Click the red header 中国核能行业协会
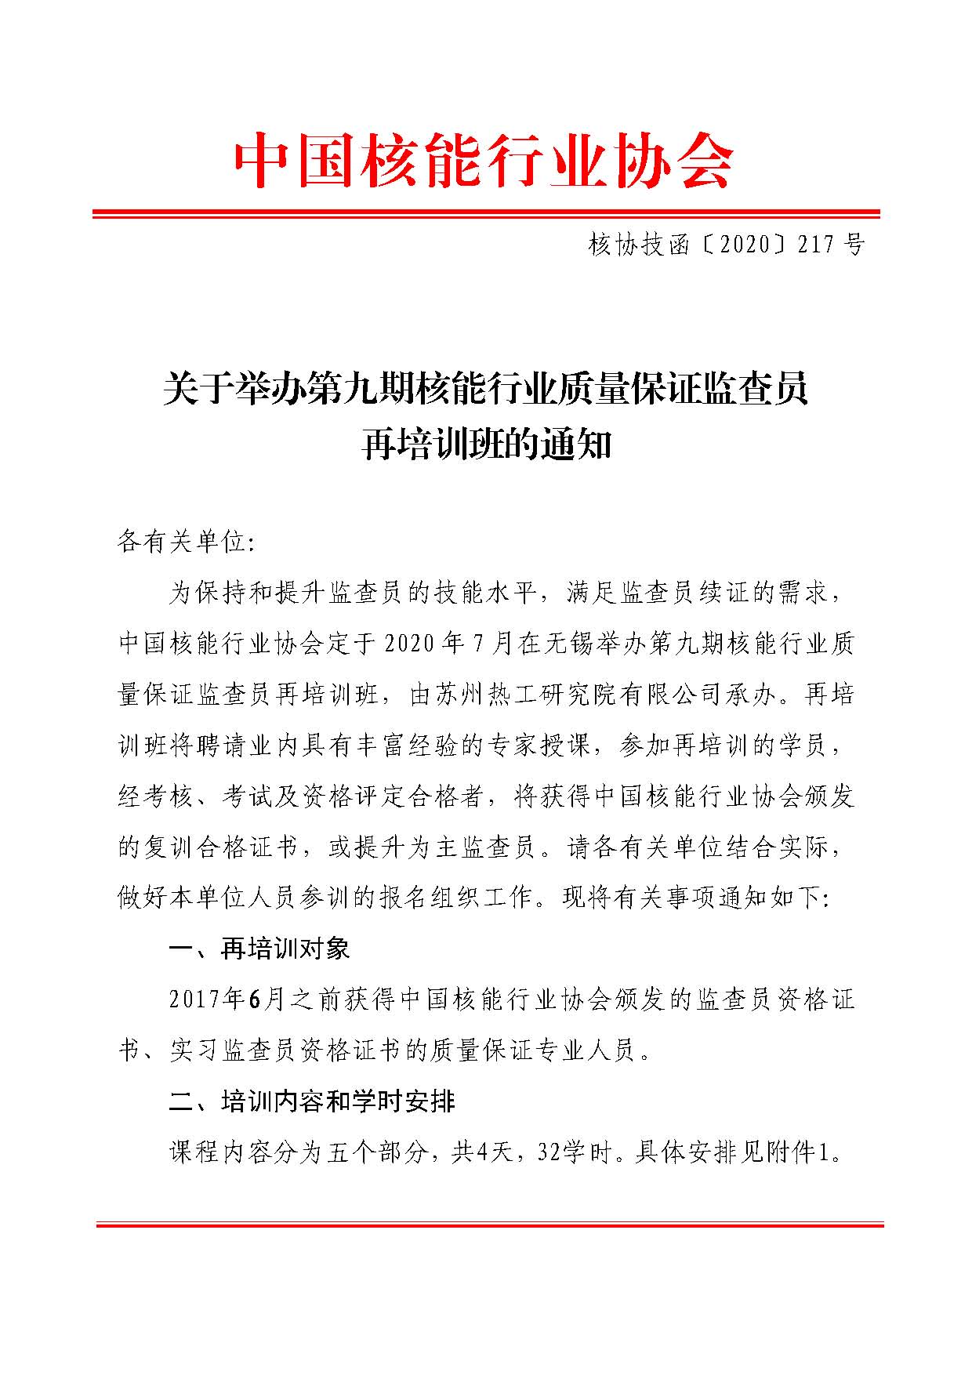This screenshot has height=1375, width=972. (484, 161)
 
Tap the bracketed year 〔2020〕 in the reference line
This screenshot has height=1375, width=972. (745, 246)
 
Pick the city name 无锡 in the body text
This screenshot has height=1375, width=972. (587, 643)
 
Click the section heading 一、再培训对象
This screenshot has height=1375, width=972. (259, 949)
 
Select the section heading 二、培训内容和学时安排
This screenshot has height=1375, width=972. (312, 1101)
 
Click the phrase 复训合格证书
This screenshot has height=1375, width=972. (220, 847)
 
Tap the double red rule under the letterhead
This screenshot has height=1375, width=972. (486, 213)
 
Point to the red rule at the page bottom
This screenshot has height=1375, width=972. (489, 1224)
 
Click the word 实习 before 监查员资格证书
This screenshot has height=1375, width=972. (194, 1050)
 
